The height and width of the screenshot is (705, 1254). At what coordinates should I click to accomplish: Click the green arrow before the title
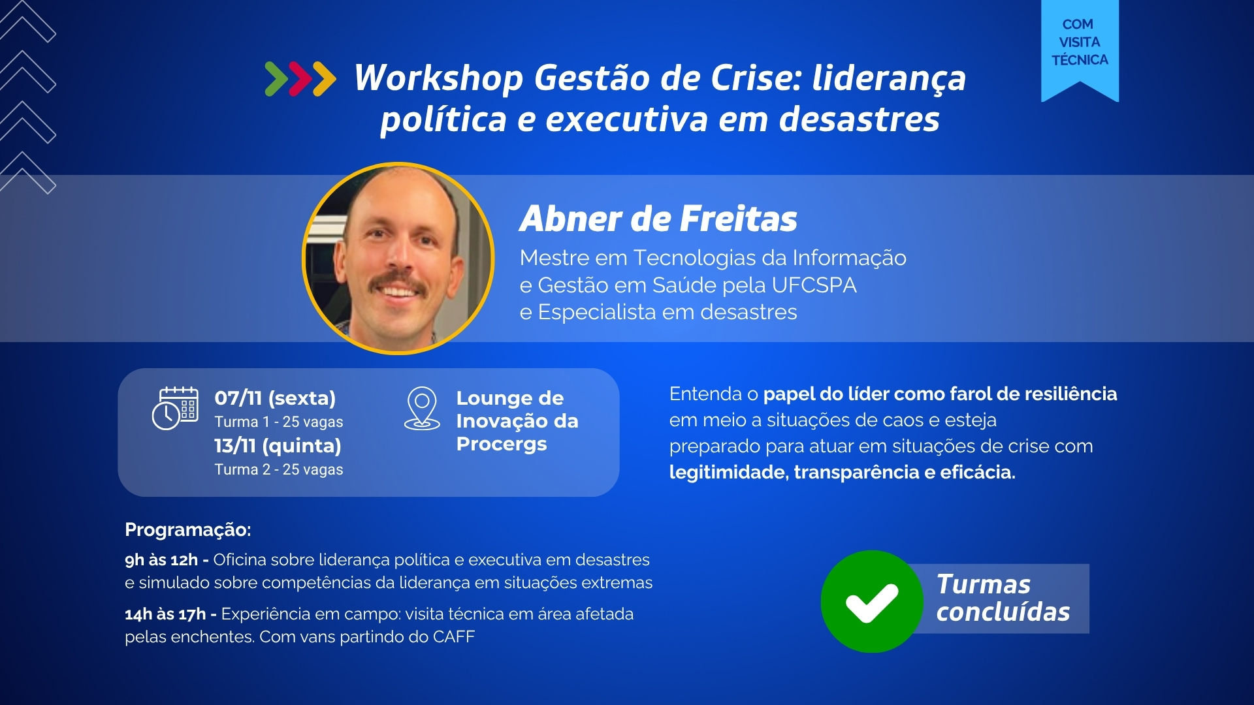pyautogui.click(x=276, y=79)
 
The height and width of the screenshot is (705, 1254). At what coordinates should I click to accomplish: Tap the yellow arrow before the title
pyautogui.click(x=325, y=79)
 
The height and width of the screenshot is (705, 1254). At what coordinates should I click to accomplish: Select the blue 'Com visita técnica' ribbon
pyautogui.click(x=1080, y=50)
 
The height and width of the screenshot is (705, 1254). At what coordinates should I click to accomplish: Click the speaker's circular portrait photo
pyautogui.click(x=398, y=258)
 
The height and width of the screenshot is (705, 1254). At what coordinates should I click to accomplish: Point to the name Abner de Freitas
pyautogui.click(x=658, y=218)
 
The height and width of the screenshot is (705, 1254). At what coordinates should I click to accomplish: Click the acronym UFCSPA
pyautogui.click(x=814, y=285)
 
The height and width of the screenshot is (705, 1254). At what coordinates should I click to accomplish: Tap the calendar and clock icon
pyautogui.click(x=175, y=409)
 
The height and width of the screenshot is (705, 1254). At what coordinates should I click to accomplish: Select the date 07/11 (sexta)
pyautogui.click(x=275, y=398)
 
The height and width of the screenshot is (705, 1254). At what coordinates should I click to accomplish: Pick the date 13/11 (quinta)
pyautogui.click(x=278, y=445)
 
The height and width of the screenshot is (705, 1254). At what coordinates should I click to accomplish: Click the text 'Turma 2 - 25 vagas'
pyautogui.click(x=279, y=469)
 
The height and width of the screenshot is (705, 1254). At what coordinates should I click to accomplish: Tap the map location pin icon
pyautogui.click(x=422, y=409)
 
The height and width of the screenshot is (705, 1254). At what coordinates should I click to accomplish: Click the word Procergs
pyautogui.click(x=502, y=445)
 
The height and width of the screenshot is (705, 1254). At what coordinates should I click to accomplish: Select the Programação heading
pyautogui.click(x=188, y=529)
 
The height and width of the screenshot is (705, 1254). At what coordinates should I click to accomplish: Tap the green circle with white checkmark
pyautogui.click(x=872, y=601)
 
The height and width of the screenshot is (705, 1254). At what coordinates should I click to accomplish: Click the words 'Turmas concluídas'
pyautogui.click(x=1003, y=598)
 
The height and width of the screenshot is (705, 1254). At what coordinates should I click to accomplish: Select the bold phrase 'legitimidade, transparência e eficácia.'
pyautogui.click(x=843, y=472)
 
